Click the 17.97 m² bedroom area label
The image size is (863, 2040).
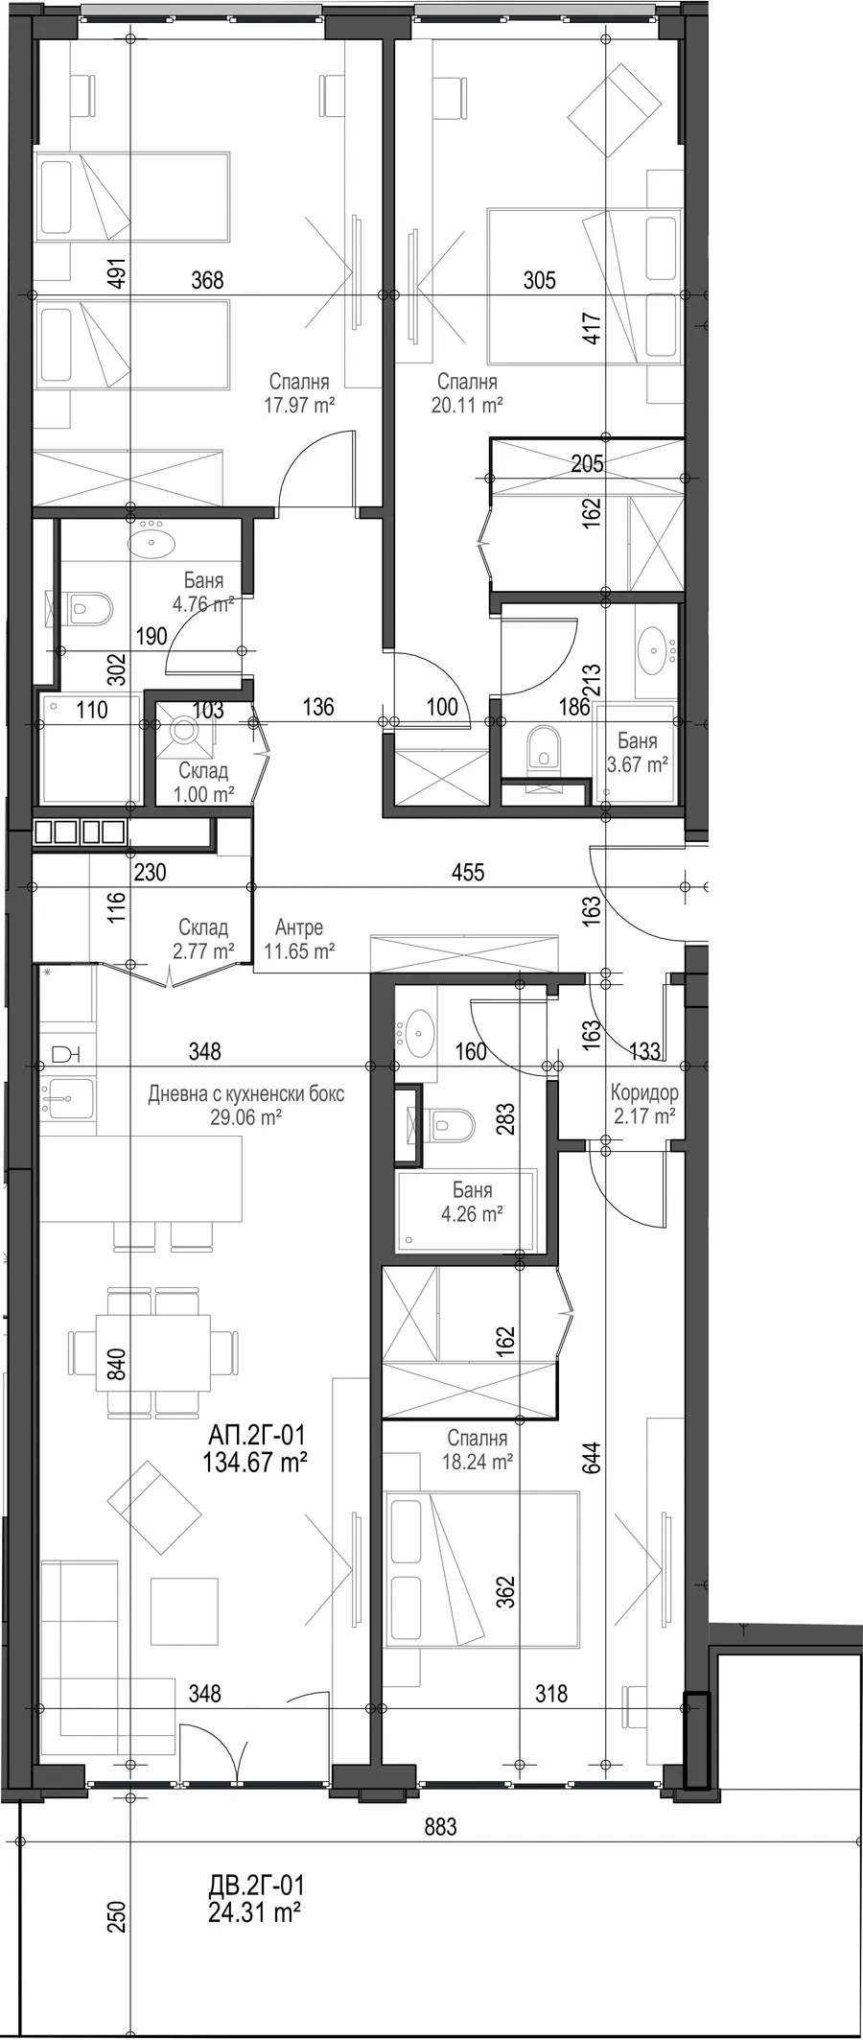click(299, 405)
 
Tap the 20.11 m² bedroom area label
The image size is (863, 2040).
click(467, 405)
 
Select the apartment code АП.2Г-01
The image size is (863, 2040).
click(256, 1436)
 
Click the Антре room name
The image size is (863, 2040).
click(298, 927)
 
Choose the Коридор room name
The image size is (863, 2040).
click(644, 1092)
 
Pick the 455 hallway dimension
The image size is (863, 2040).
click(468, 872)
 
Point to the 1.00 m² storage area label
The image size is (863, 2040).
click(203, 794)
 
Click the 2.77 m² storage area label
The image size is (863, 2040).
click(203, 951)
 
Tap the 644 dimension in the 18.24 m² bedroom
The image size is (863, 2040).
click(593, 1459)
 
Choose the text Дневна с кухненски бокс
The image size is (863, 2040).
click(245, 1093)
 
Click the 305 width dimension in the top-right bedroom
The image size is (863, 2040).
click(540, 280)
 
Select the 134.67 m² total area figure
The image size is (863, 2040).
click(255, 1463)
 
